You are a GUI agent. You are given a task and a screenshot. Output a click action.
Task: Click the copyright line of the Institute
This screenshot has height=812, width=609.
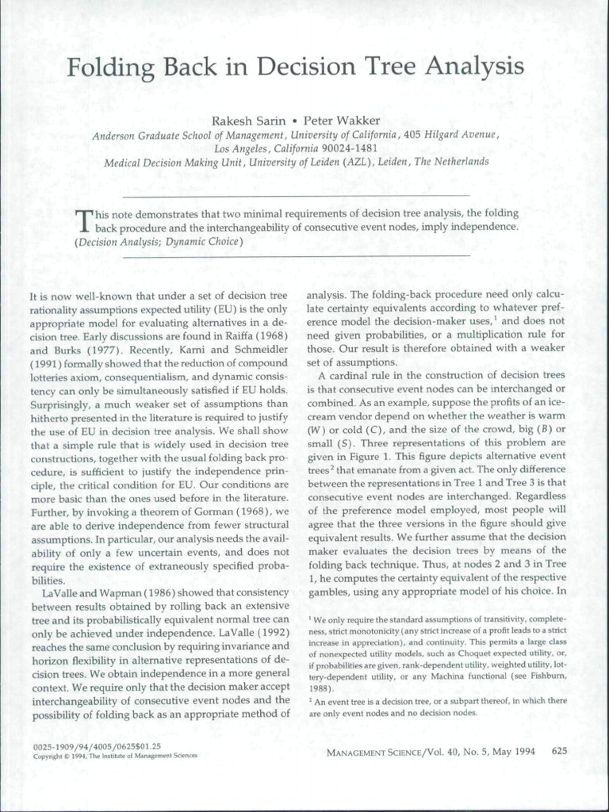point(116,756)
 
